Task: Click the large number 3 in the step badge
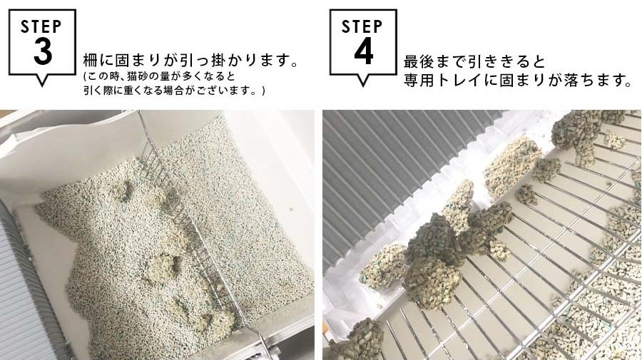43,51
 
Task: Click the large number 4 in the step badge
364,51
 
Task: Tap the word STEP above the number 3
41,27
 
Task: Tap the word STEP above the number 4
362,27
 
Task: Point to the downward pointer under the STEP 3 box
42,80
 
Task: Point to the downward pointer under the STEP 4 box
363,80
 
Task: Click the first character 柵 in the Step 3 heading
91,61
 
